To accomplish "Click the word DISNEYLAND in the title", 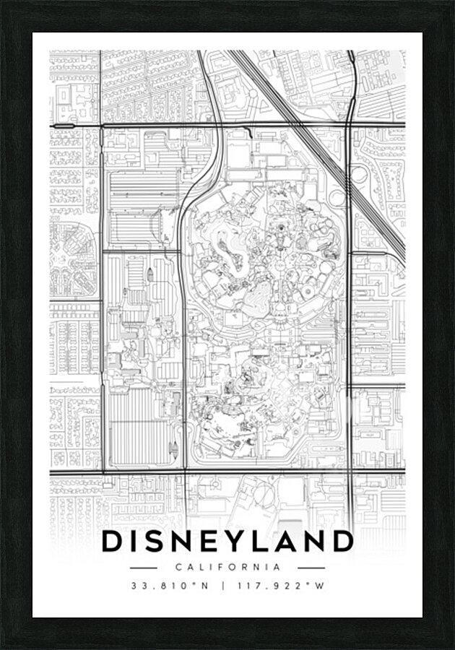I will pos(227,541).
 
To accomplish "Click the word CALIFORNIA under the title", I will pos(227,568).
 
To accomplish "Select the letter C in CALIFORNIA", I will pos(178,568).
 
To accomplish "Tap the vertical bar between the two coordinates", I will pos(222,586).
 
